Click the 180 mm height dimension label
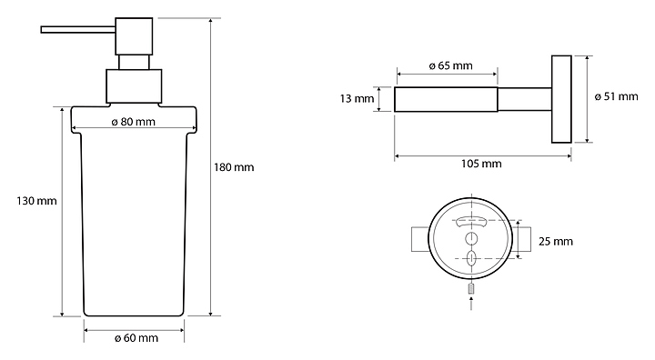pos(234,167)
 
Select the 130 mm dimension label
pos(36,201)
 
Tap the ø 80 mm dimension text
pos(134,122)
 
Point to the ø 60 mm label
pos(136,338)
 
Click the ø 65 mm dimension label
pos(450,65)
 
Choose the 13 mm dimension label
pos(357,99)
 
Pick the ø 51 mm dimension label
pos(616,96)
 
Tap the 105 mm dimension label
pos(481,164)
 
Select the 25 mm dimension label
pos(556,242)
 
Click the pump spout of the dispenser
pos(78,29)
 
